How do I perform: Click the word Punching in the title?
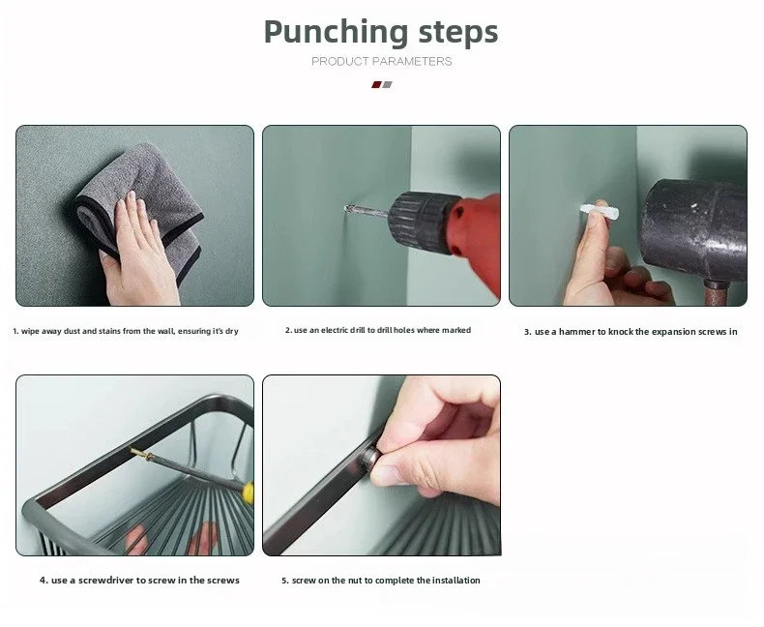click(x=336, y=33)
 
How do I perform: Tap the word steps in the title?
click(x=458, y=32)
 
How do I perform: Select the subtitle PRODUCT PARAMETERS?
click(x=381, y=61)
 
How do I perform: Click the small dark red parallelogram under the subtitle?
click(x=376, y=85)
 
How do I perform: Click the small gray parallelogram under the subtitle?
click(x=388, y=85)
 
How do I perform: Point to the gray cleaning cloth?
click(x=146, y=195)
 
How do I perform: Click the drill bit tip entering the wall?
click(x=347, y=209)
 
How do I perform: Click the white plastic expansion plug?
click(x=600, y=213)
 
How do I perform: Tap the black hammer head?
click(x=694, y=229)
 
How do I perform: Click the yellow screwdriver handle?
click(x=248, y=493)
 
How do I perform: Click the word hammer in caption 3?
click(x=577, y=332)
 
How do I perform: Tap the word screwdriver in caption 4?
click(x=105, y=581)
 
